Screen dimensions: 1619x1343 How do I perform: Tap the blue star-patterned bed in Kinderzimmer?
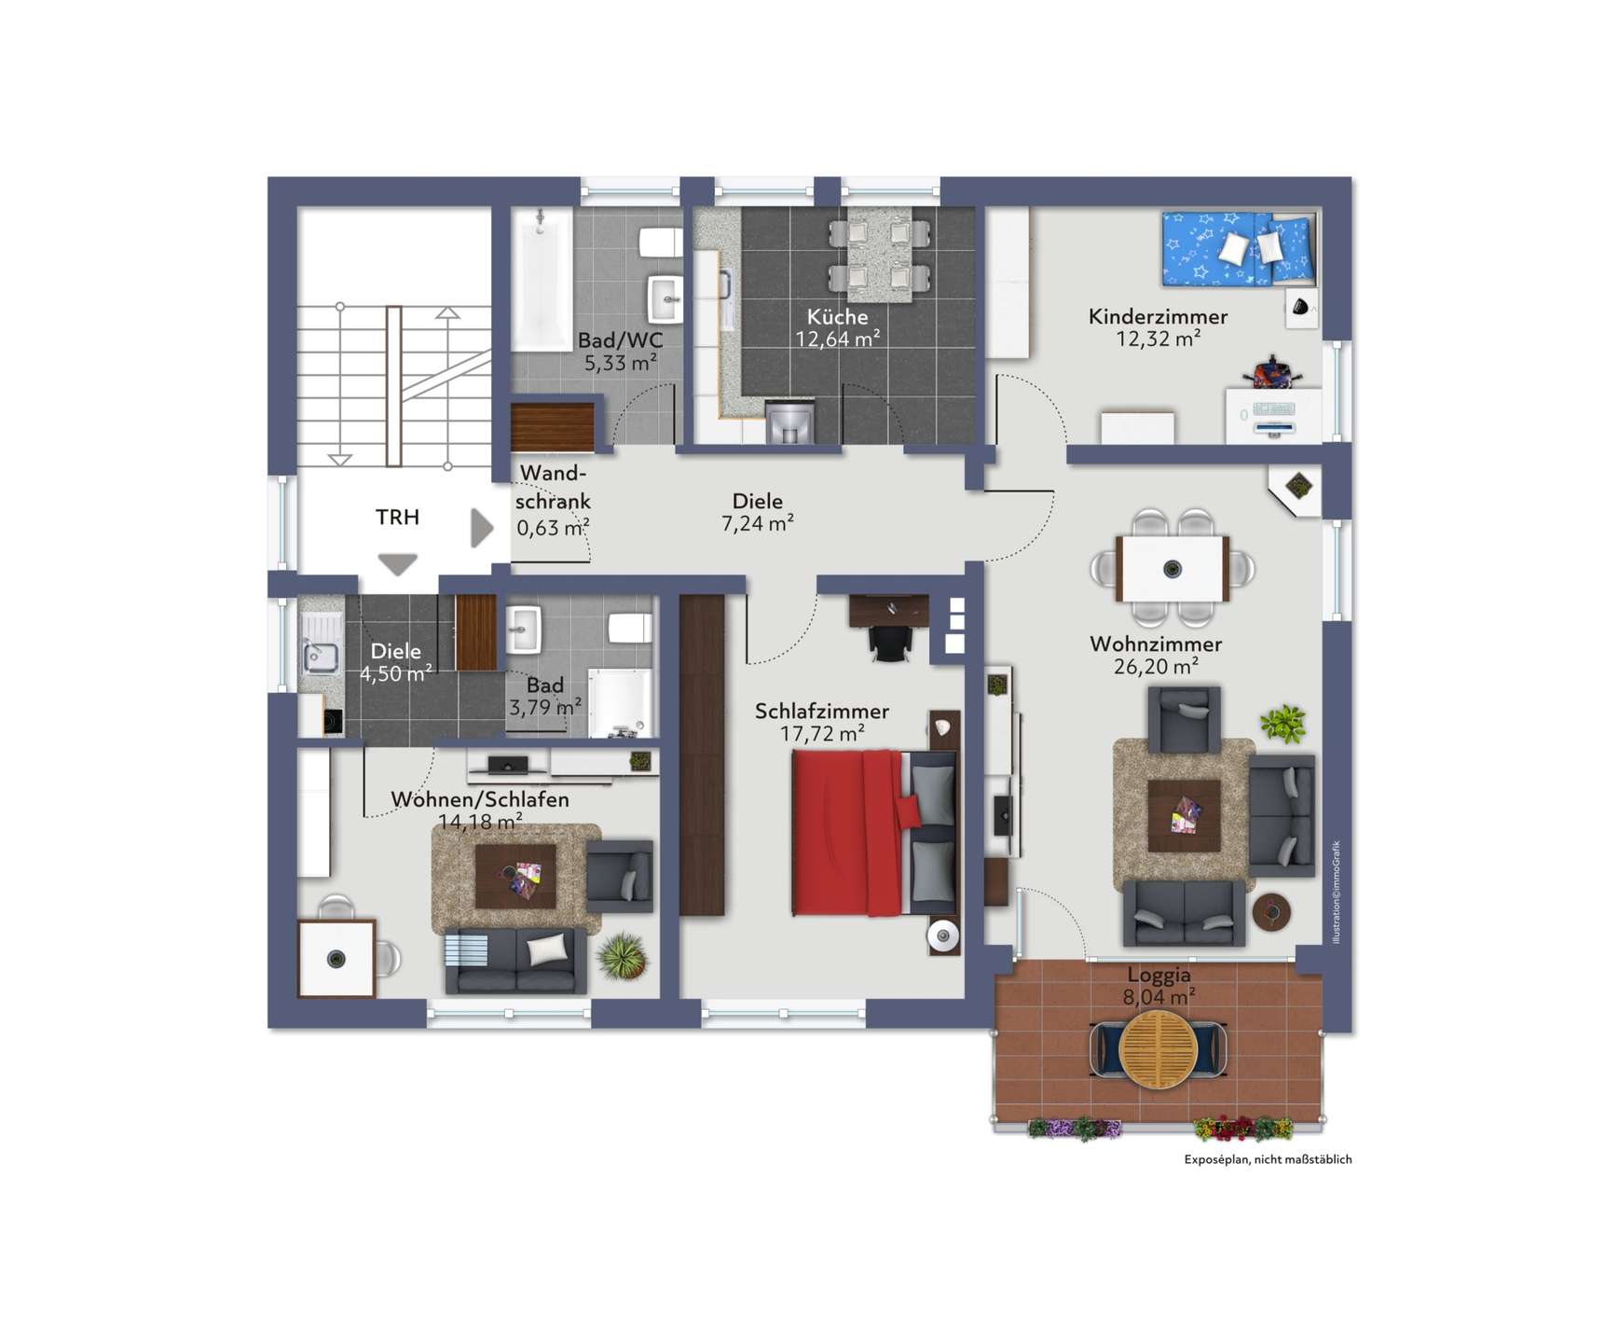[1239, 248]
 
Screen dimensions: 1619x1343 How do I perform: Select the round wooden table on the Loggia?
[1158, 1049]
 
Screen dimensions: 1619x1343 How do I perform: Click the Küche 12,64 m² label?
[837, 328]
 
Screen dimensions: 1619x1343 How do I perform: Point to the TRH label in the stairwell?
[397, 517]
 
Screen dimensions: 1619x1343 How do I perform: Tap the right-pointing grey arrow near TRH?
[481, 528]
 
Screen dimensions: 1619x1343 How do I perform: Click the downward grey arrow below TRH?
[398, 564]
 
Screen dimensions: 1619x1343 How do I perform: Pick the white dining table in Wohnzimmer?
[1173, 569]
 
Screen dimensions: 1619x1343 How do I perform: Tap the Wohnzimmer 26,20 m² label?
[1156, 655]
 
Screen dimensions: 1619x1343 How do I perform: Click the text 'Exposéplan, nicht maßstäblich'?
[1268, 1159]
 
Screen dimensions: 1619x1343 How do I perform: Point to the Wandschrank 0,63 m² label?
[554, 501]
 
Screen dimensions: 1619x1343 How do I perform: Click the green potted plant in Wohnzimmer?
[1283, 724]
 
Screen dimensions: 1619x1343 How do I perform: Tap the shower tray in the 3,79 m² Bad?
[619, 702]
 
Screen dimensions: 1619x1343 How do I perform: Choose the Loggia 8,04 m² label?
[1159, 986]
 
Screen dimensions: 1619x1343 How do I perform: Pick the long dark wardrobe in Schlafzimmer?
[702, 755]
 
